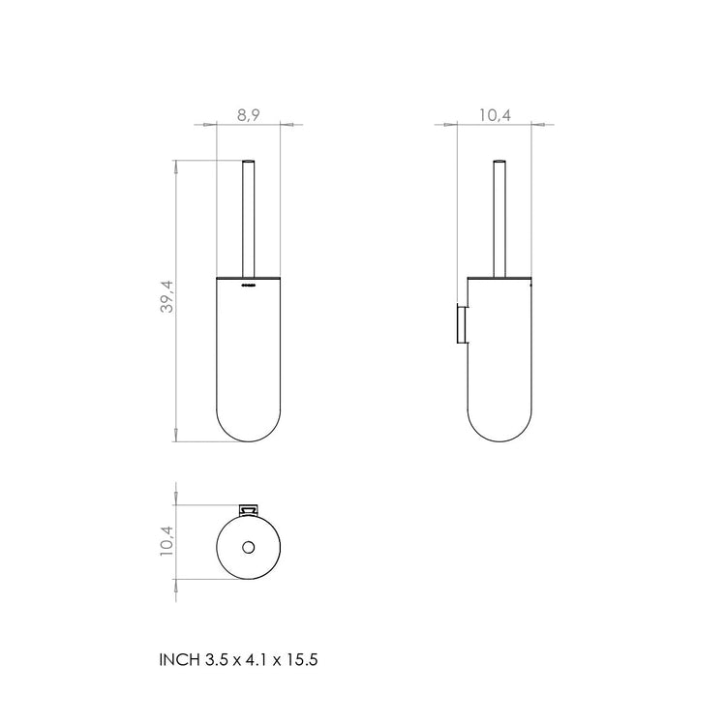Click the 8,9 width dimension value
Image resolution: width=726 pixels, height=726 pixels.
248,114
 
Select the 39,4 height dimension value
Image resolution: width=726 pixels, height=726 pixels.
166,297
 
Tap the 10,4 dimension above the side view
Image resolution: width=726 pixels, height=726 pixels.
495,114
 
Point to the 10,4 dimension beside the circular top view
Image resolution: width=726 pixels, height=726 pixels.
166,541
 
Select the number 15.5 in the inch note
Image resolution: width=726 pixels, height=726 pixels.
301,660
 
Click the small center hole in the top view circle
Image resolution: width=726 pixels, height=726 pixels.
248,548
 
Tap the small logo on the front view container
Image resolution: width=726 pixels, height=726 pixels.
249,286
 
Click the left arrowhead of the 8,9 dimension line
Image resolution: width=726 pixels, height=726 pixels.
201,124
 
